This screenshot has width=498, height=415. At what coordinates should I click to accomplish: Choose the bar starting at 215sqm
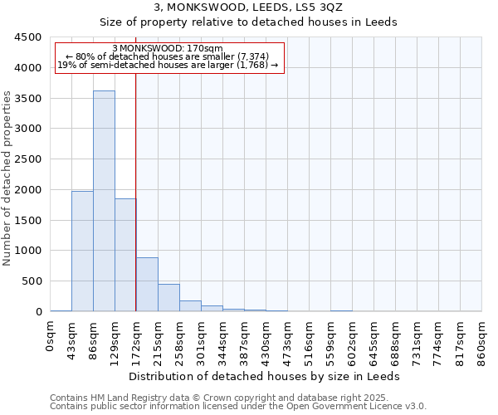click(x=168, y=297)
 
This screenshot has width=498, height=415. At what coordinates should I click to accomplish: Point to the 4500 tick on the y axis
click(x=28, y=37)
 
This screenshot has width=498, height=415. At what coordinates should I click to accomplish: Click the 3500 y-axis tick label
click(x=28, y=98)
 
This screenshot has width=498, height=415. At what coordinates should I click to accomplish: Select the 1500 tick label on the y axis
click(x=28, y=220)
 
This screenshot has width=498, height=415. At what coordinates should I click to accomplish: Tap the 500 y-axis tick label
click(x=32, y=281)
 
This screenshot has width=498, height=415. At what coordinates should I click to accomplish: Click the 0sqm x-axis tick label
click(x=51, y=337)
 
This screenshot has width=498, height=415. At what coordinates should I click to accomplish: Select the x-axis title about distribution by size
click(x=266, y=376)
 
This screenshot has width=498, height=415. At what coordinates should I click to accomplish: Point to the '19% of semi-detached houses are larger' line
click(x=168, y=65)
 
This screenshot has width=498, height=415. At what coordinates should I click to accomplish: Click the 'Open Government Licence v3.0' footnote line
click(x=238, y=406)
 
